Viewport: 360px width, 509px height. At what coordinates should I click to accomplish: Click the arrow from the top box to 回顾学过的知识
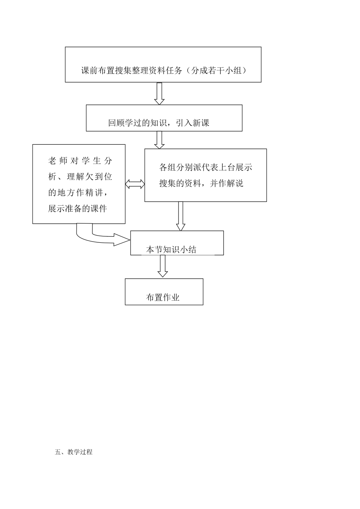click(159, 93)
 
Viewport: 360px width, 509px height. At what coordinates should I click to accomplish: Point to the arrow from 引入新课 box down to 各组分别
click(159, 140)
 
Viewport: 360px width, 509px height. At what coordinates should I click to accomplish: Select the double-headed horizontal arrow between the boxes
click(135, 184)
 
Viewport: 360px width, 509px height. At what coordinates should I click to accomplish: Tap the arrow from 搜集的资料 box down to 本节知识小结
click(181, 216)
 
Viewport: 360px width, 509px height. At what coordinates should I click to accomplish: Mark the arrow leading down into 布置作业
click(163, 266)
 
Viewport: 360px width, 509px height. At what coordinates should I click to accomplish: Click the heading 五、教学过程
click(74, 452)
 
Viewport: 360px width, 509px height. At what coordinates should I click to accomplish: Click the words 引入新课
click(193, 123)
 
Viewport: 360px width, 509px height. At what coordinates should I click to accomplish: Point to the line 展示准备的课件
click(78, 209)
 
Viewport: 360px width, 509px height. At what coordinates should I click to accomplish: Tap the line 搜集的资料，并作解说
click(201, 184)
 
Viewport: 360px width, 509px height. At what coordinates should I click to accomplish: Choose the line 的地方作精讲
click(80, 192)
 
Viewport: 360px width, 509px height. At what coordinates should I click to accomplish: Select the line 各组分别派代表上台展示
click(206, 167)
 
